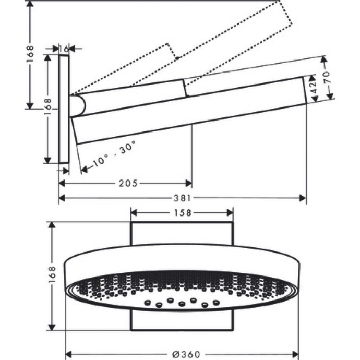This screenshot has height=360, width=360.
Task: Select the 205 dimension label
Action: [x=128, y=183]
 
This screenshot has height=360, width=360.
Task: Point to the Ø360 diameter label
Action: [x=181, y=354]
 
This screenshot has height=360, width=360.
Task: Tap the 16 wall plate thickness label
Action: [x=64, y=49]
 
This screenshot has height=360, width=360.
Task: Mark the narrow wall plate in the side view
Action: [x=64, y=110]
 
